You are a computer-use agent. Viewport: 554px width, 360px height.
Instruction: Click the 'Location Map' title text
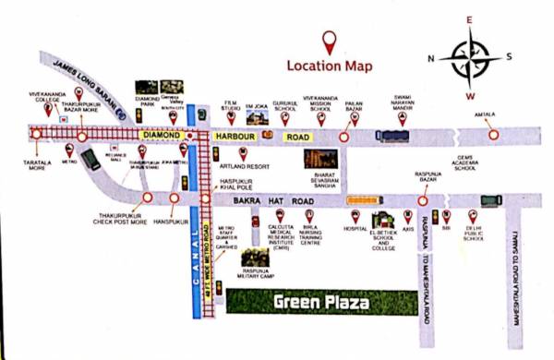coord(331,66)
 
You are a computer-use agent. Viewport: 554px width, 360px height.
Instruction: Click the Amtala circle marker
coord(494,135)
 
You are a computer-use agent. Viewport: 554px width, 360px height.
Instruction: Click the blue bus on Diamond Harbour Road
coord(391,136)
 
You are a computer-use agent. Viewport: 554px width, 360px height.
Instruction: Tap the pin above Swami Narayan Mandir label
coord(400,117)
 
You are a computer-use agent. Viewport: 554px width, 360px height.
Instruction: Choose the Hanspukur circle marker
coord(172,198)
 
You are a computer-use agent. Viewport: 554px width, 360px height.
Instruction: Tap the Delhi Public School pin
coord(473,215)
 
